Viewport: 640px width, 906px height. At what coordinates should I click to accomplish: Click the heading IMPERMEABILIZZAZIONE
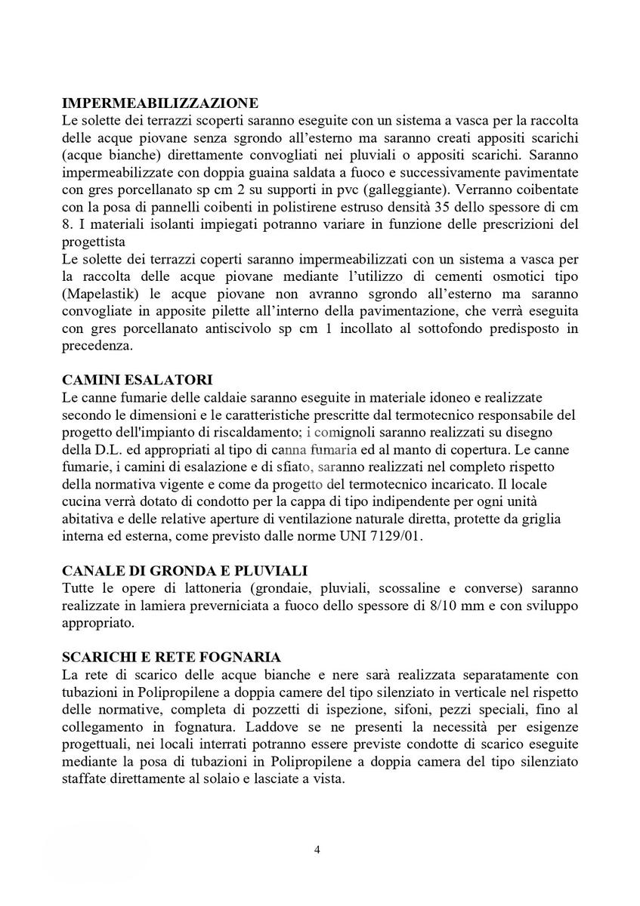tap(160, 103)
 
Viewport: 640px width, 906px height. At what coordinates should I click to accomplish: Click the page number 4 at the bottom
tap(317, 850)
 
